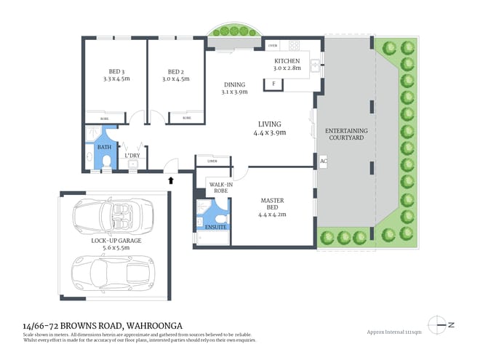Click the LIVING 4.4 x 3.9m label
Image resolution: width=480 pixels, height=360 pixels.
[x=270, y=128]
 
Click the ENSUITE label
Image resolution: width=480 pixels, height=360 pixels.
[x=217, y=227]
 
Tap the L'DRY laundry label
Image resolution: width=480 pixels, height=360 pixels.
[x=132, y=155]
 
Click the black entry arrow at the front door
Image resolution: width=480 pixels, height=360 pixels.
[x=172, y=180]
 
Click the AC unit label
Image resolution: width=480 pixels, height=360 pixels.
[x=322, y=161]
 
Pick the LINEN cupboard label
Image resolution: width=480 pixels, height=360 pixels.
[x=212, y=161]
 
